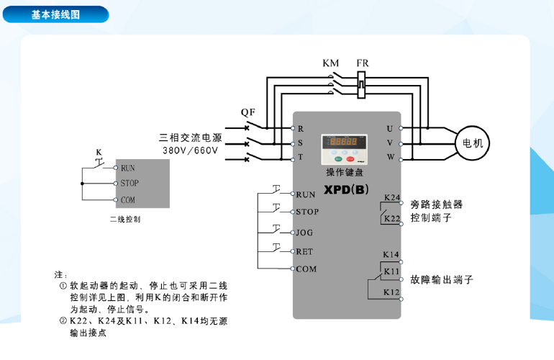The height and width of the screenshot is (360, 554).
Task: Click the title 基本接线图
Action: tap(55, 14)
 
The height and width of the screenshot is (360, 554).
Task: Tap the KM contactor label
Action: tap(330, 63)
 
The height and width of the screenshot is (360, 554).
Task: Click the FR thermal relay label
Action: tap(363, 63)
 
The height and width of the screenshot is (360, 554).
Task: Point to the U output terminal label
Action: tap(390, 128)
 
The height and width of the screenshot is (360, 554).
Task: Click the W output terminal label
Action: tap(390, 157)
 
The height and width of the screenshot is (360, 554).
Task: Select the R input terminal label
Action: tap(301, 128)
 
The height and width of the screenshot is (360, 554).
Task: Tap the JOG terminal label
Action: tap(305, 233)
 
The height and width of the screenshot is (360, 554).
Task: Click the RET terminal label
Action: tap(305, 251)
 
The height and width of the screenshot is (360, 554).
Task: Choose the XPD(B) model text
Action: tap(346, 190)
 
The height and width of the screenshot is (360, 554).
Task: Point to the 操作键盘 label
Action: tap(345, 173)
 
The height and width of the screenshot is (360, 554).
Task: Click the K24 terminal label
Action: tap(391, 197)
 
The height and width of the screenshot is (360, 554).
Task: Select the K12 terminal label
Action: tap(391, 292)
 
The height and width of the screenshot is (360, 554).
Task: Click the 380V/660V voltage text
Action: tap(190, 151)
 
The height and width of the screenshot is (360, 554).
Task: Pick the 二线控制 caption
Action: tap(125, 219)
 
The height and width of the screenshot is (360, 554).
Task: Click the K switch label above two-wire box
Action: tap(98, 152)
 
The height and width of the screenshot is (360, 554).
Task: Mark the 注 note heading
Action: tap(60, 275)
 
